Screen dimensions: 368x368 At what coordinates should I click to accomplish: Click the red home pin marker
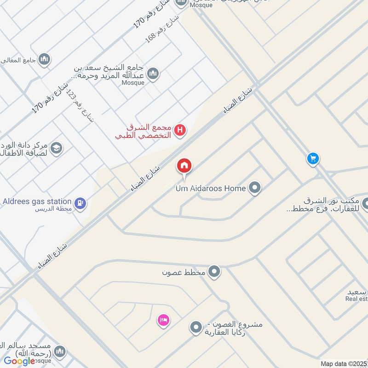184,166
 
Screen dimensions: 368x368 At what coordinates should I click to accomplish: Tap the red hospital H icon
181,130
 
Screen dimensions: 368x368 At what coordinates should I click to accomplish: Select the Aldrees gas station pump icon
80,202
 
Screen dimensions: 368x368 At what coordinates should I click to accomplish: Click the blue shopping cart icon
313,159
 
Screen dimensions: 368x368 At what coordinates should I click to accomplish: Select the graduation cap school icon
57,148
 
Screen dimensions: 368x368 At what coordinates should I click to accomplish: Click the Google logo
19,361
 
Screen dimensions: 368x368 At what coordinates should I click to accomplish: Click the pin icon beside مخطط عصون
214,272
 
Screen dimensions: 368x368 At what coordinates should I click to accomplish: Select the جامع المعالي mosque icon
45,59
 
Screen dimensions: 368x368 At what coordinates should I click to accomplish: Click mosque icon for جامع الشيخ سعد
153,73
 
